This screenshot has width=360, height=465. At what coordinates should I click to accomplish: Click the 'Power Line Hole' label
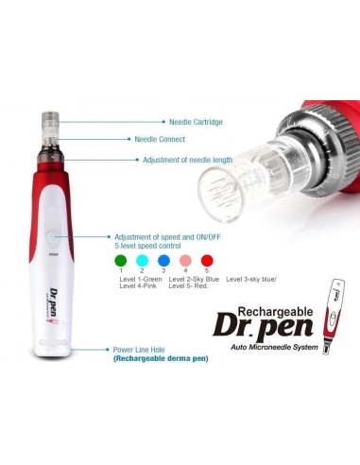click(x=143, y=349)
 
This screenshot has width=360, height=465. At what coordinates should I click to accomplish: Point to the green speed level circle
click(x=120, y=261)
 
